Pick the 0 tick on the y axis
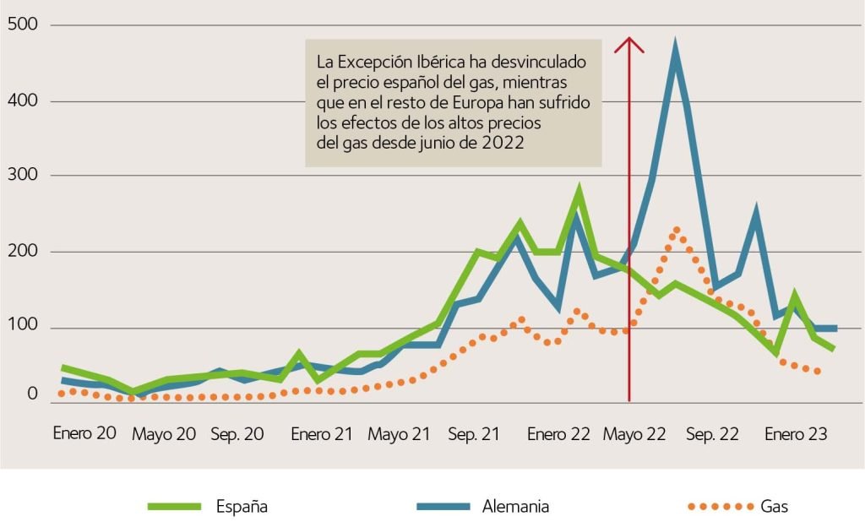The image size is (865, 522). pyautogui.click(x=32, y=394)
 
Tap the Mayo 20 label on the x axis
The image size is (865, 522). pyautogui.click(x=164, y=434)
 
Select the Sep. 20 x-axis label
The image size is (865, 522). pyautogui.click(x=237, y=434)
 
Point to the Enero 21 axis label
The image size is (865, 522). pyautogui.click(x=322, y=434)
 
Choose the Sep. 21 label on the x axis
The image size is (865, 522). pyautogui.click(x=473, y=434)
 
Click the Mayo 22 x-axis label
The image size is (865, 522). pyautogui.click(x=635, y=434)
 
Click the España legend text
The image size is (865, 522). pyautogui.click(x=242, y=507)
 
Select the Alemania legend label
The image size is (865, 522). pyautogui.click(x=515, y=507)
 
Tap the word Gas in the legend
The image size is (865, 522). pyautogui.click(x=775, y=507)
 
